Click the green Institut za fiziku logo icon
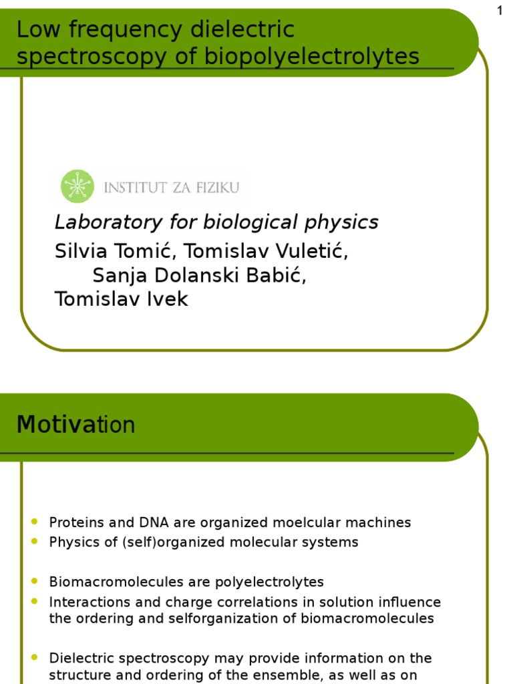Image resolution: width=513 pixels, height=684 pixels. click(x=77, y=186)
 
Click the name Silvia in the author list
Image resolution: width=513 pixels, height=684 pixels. click(x=78, y=252)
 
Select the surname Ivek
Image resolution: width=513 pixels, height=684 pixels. click(x=167, y=299)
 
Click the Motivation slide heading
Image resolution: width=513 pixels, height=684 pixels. click(x=75, y=424)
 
